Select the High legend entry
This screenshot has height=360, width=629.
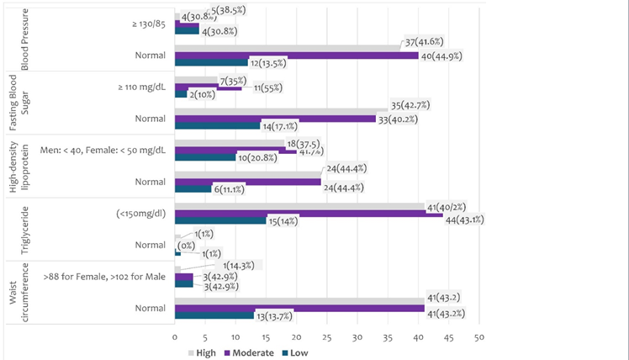[x=201, y=352]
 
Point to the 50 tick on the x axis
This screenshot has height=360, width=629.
[x=478, y=337]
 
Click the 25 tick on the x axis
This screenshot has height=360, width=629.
[x=326, y=337]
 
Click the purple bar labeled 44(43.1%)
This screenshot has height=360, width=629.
[x=308, y=214]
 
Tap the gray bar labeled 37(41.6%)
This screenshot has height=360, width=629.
[x=287, y=48]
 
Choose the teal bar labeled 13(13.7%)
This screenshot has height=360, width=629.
[x=214, y=315]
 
